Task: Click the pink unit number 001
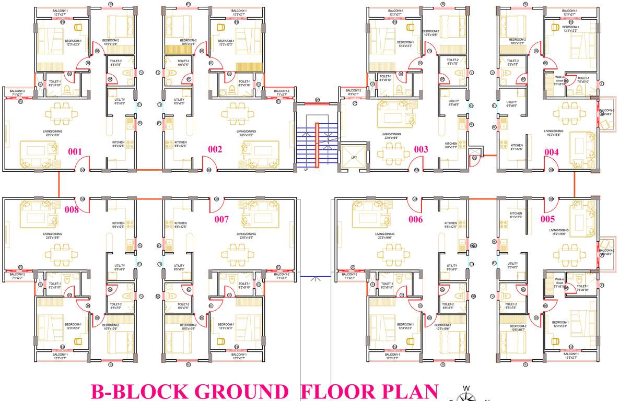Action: pyautogui.click(x=75, y=152)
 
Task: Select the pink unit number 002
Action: pyautogui.click(x=215, y=149)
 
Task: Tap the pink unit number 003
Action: pyautogui.click(x=421, y=149)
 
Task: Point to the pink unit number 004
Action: pyautogui.click(x=552, y=152)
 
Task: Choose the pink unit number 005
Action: pyautogui.click(x=548, y=219)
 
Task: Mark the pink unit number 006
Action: pyautogui.click(x=415, y=219)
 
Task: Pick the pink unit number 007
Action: pyautogui.click(x=222, y=219)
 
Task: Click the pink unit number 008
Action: pyautogui.click(x=72, y=210)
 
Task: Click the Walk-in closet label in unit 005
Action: pyautogui.click(x=560, y=282)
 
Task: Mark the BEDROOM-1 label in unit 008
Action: pyautogui.click(x=72, y=326)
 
